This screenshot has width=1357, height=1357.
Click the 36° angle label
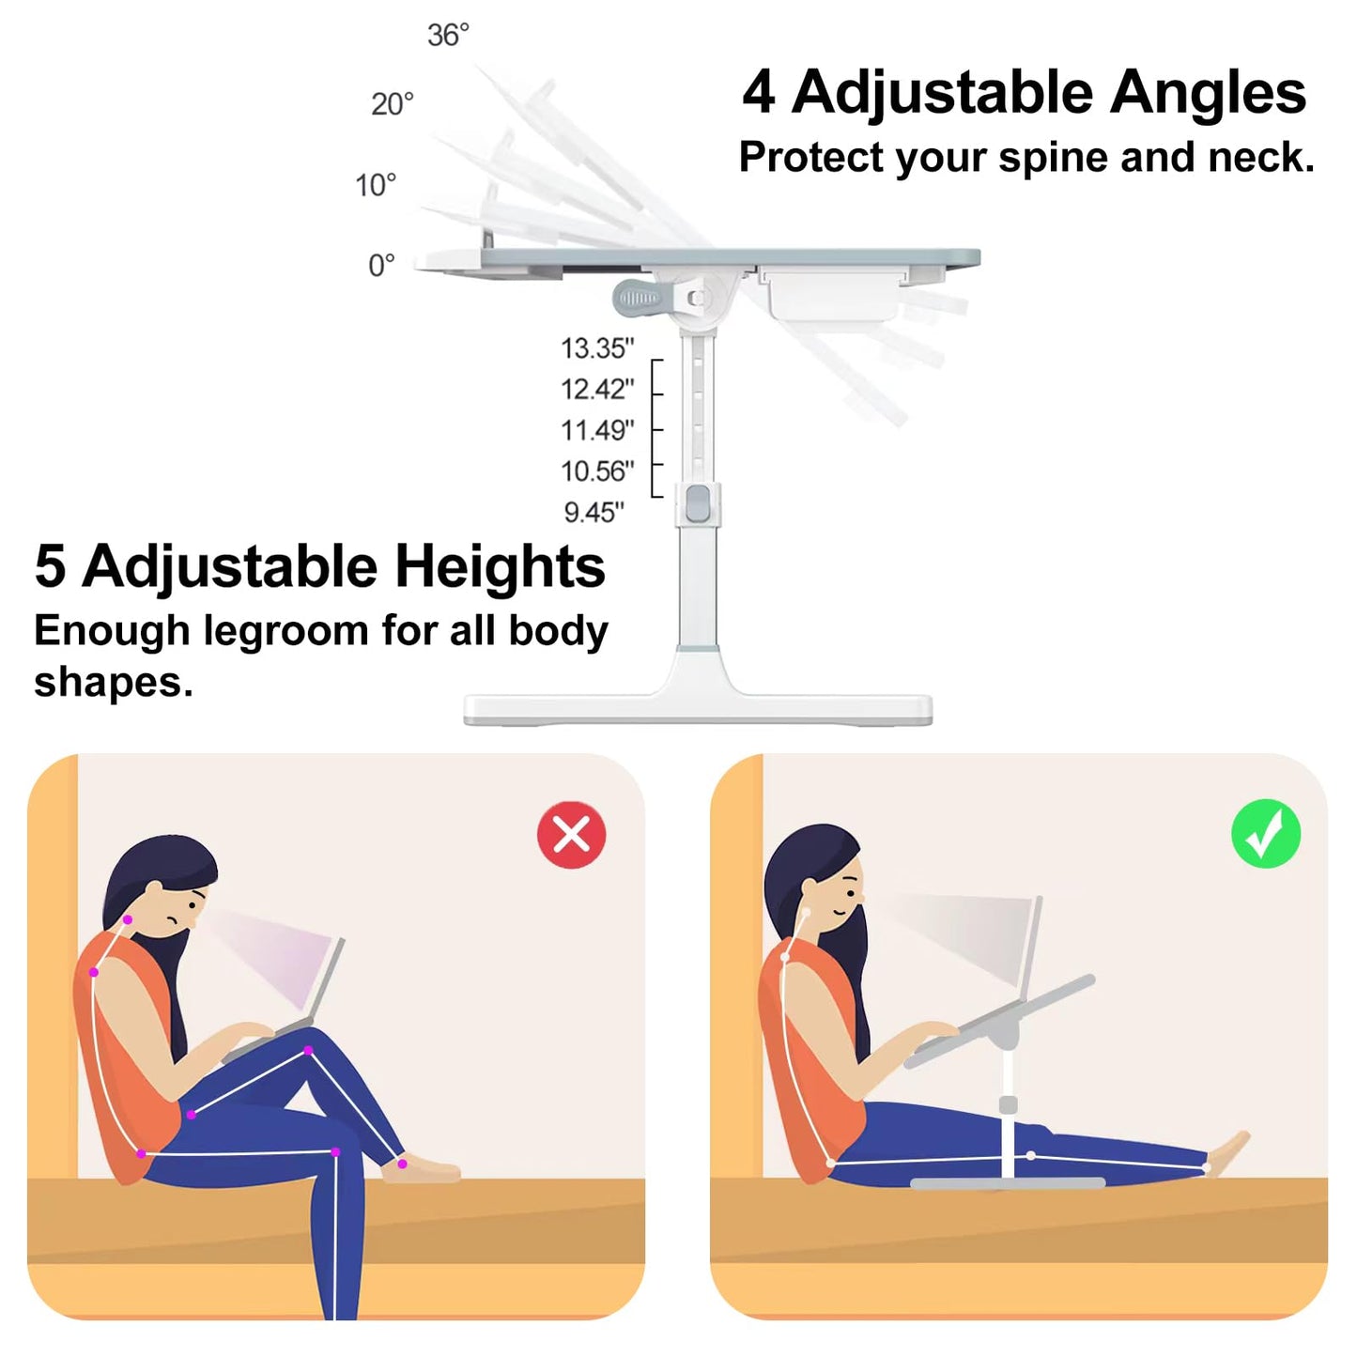click(x=448, y=35)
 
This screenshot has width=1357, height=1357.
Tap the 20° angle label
click(x=393, y=104)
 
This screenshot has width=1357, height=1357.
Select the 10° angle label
click(x=376, y=186)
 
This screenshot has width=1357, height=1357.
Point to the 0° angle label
click(x=381, y=266)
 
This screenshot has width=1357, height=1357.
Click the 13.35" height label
click(x=597, y=348)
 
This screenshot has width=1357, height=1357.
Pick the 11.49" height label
click(x=597, y=430)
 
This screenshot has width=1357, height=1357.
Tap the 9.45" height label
click(x=594, y=513)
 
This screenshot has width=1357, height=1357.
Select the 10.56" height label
click(x=597, y=471)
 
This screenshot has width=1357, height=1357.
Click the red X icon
click(x=571, y=835)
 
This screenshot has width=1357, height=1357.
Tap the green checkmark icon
click(x=1266, y=833)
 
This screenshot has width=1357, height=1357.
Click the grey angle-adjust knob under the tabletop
click(x=638, y=299)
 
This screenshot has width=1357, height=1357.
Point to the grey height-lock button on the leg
click(x=697, y=503)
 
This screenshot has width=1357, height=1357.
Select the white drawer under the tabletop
click(x=833, y=294)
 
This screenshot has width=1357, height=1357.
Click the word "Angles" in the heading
click(x=1208, y=94)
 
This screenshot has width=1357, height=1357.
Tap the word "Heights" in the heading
click(x=500, y=567)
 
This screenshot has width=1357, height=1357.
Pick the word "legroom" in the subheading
click(x=285, y=631)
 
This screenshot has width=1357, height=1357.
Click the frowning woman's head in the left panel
click(x=161, y=886)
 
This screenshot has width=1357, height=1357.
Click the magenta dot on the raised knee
click(x=308, y=1051)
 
